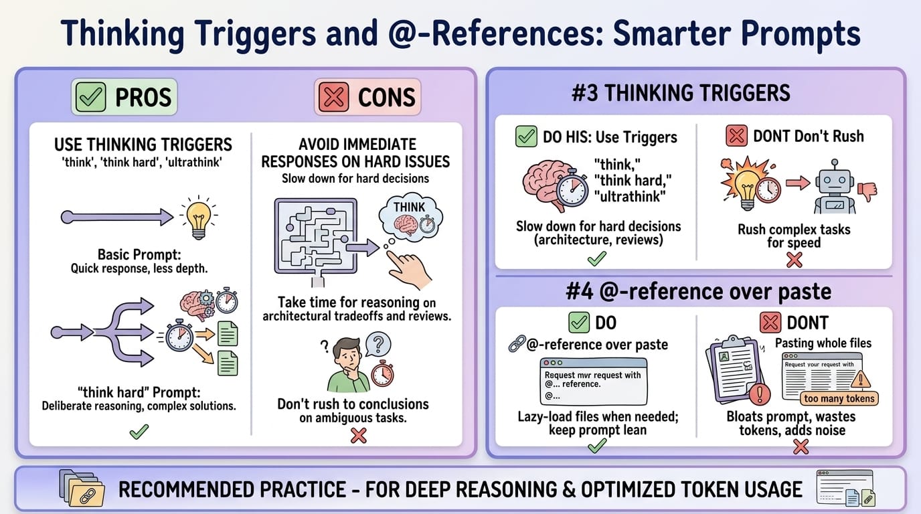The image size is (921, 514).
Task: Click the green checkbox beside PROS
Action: pyautogui.click(x=92, y=98)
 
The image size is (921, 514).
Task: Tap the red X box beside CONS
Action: pyautogui.click(x=334, y=98)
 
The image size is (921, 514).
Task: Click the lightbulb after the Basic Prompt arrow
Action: pyautogui.click(x=197, y=216)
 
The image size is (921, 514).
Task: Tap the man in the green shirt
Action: pyautogui.click(x=347, y=365)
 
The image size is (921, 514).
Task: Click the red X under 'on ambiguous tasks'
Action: pyautogui.click(x=359, y=436)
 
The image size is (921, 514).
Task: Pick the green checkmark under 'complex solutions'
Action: pyautogui.click(x=139, y=432)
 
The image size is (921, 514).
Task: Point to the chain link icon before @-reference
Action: pyautogui.click(x=517, y=345)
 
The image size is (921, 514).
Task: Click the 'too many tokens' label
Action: pyautogui.click(x=839, y=398)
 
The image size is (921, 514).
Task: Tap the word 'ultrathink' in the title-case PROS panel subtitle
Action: pyautogui.click(x=205, y=161)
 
